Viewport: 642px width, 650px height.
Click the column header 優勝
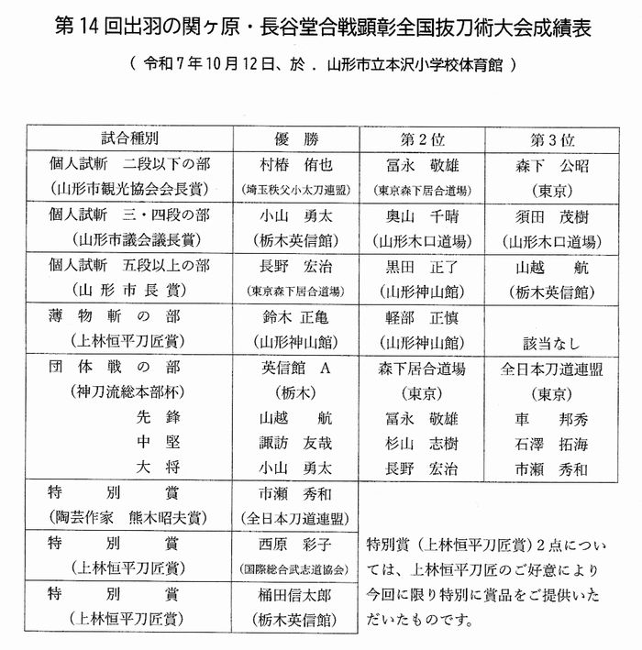[295, 140]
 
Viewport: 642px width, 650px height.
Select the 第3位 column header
[552, 140]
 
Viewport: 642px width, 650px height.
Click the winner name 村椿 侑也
[295, 165]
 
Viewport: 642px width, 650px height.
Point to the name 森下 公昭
[552, 165]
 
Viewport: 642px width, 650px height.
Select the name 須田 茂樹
[552, 216]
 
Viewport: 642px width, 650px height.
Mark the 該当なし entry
[552, 343]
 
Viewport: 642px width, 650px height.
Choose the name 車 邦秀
[552, 419]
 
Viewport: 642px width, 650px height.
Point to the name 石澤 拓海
[552, 445]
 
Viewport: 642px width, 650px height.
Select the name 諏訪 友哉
[295, 445]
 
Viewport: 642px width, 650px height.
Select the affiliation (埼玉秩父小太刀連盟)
[295, 191]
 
